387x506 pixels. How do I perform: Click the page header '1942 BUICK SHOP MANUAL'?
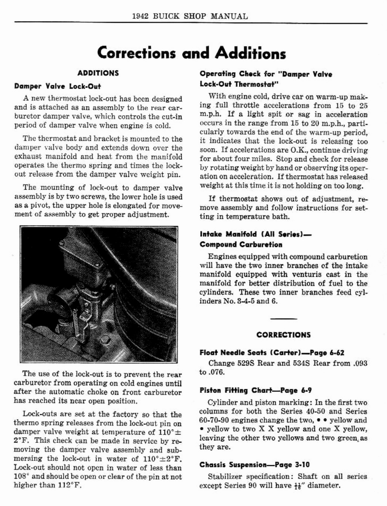(x=190, y=16)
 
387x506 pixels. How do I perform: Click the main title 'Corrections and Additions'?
(x=191, y=53)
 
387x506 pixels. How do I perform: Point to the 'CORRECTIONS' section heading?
(x=284, y=335)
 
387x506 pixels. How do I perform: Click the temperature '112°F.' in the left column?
(x=68, y=485)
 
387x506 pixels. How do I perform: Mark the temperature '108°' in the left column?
(x=22, y=476)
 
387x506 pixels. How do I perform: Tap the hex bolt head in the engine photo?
(x=105, y=341)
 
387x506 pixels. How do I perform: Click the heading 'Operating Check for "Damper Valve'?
(x=265, y=74)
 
